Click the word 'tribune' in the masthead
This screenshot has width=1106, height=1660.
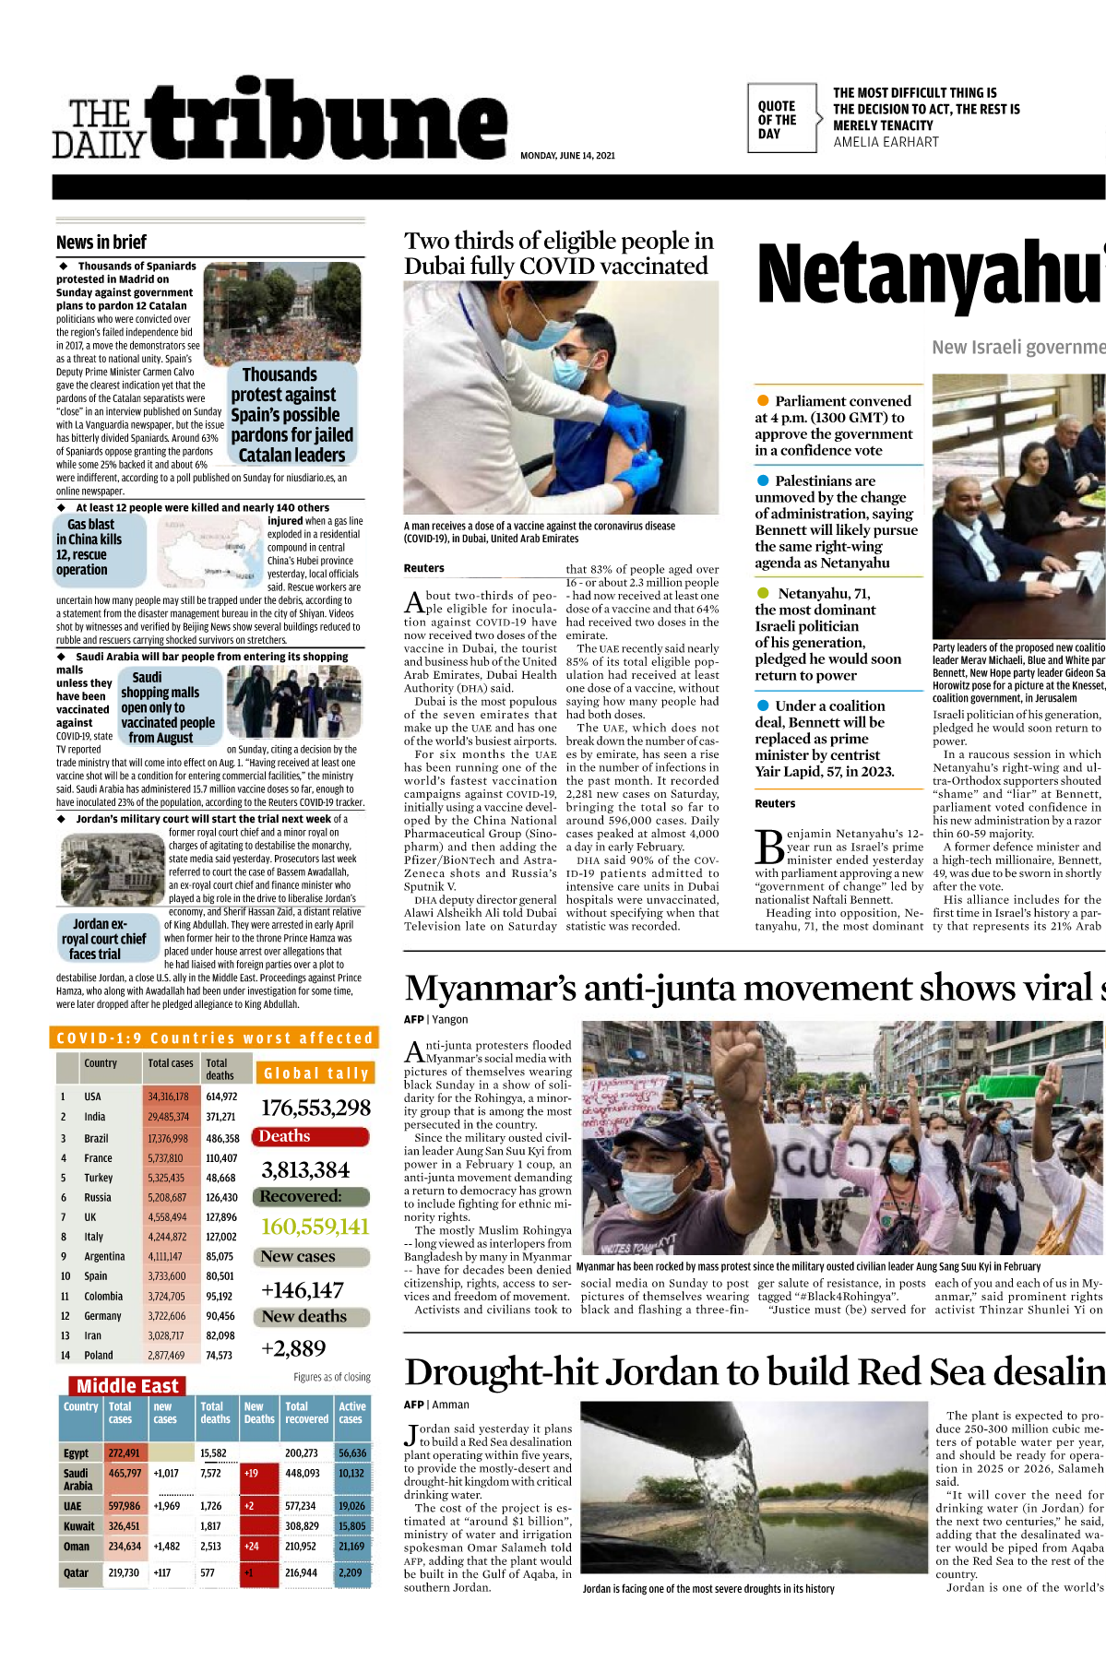coord(328,120)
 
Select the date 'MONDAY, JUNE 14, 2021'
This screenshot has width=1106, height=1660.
coord(567,156)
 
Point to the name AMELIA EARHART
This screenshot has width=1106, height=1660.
coord(886,142)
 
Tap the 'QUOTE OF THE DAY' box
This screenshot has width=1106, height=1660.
coord(780,120)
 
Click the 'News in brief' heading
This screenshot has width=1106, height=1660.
coord(101,243)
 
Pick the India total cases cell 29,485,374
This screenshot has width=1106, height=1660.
coord(168,1117)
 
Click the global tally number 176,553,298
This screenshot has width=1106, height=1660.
coord(315,1108)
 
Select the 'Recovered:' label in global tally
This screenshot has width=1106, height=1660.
coord(301,1196)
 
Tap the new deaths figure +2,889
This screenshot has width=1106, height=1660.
coord(293,1348)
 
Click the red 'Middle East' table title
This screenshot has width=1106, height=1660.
coord(127,1386)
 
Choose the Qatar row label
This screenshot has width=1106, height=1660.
coord(77,1573)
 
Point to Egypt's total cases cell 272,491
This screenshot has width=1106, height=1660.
coord(125,1453)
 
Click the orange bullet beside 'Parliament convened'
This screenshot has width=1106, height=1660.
coord(763,401)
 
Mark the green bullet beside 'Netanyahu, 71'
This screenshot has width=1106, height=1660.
coord(763,593)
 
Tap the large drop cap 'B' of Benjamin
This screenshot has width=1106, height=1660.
coord(769,847)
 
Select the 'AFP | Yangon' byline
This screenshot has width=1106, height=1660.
coord(435,1020)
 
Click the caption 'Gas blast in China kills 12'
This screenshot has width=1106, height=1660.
coord(89,547)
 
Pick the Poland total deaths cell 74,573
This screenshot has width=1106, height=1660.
coord(219,1356)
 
